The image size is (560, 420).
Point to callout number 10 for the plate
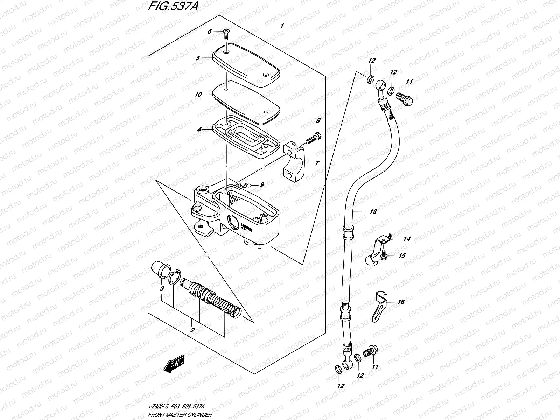click(x=198, y=94)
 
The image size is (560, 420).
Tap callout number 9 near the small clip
click(x=262, y=185)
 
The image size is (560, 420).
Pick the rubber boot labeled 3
click(x=159, y=271)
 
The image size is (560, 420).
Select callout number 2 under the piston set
click(x=192, y=330)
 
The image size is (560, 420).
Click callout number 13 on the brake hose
click(x=373, y=212)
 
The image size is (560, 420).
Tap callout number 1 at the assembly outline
click(x=282, y=26)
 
